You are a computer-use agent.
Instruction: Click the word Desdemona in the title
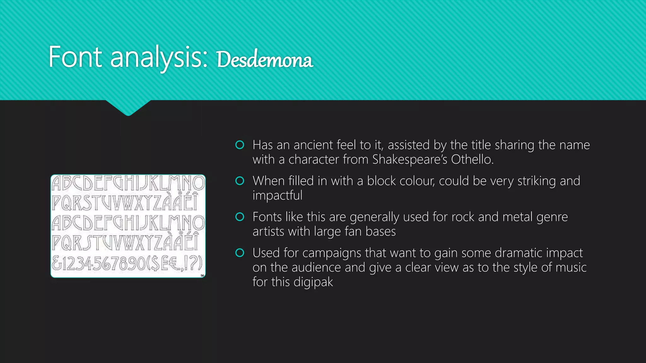264,60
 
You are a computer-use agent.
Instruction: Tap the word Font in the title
75,57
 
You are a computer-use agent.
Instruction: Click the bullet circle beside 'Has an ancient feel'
240,145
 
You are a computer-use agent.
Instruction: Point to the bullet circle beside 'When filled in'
240,181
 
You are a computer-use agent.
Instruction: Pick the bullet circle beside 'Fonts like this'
240,217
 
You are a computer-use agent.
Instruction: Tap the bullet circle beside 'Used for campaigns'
240,253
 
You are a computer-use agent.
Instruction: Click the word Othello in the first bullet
471,159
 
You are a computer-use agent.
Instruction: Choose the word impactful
277,196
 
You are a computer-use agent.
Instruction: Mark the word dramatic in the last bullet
519,253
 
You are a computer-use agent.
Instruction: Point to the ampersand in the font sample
57,263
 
